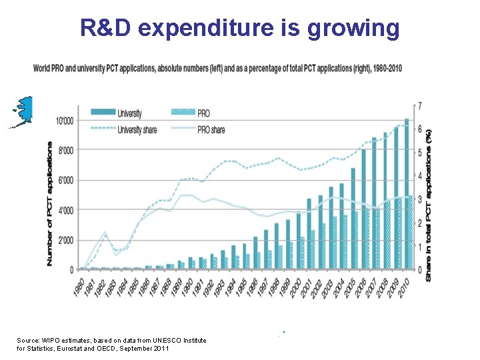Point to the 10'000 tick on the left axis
tap(64, 121)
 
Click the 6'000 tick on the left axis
tap(65, 181)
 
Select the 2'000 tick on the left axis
tap(65, 240)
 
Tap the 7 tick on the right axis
tap(419, 106)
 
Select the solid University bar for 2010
tap(407, 193)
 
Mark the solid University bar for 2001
tap(309, 233)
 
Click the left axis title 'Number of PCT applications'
tap(50, 203)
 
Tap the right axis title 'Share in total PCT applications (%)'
tap(430, 203)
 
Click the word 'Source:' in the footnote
tap(30, 341)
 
